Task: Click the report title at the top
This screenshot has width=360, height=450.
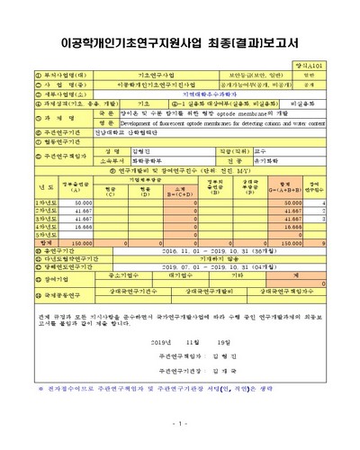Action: (180, 42)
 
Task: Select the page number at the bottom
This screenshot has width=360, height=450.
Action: (180, 423)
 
